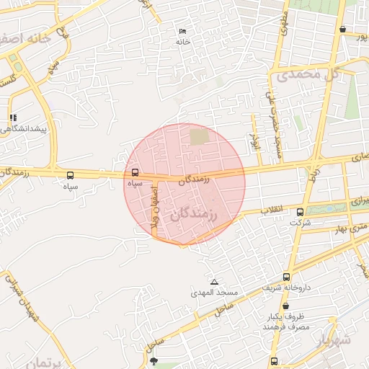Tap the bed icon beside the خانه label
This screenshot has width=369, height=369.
[x=182, y=32]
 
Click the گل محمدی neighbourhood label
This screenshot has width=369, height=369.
[x=303, y=74]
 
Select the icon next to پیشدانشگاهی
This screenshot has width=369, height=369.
[x=13, y=117]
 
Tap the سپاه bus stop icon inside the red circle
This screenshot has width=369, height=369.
[x=135, y=173]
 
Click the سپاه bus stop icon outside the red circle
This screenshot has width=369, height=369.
[x=70, y=175]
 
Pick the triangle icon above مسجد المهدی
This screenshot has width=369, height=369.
[x=213, y=282]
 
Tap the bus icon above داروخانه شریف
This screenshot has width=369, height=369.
[x=287, y=277]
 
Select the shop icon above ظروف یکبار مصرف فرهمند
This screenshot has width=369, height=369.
[x=286, y=306]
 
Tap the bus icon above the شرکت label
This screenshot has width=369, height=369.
[x=301, y=212]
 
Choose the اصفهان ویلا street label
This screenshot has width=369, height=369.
[x=154, y=209]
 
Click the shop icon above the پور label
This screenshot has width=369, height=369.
[x=342, y=30]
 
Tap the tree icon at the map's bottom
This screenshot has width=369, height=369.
[x=154, y=361]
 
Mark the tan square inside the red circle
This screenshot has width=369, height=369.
[x=198, y=136]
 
